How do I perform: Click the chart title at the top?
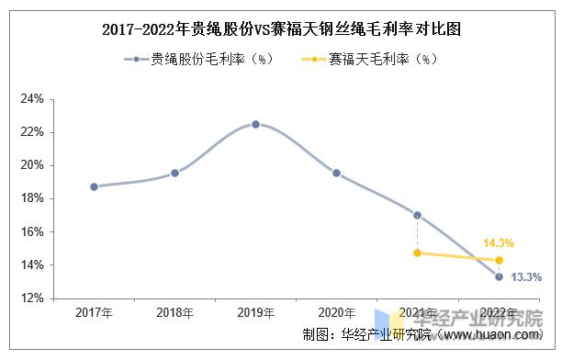coord(282,28)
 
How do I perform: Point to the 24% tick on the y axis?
coord(32,98)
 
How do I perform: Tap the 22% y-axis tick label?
coord(32,132)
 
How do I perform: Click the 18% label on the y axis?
coord(32,198)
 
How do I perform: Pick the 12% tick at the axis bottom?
coord(32,298)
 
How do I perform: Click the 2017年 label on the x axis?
coord(94,312)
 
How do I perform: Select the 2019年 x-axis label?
coord(255,312)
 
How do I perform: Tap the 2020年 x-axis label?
coord(336,312)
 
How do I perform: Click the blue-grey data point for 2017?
coord(94,186)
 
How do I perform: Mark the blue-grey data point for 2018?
coord(174,173)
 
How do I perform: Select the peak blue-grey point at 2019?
coord(255,124)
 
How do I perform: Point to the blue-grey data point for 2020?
coord(336,173)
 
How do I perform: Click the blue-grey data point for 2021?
coord(418,215)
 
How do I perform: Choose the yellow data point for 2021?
coord(418,253)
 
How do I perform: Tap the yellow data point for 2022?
coord(499,260)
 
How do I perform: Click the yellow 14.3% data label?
coord(499,243)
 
